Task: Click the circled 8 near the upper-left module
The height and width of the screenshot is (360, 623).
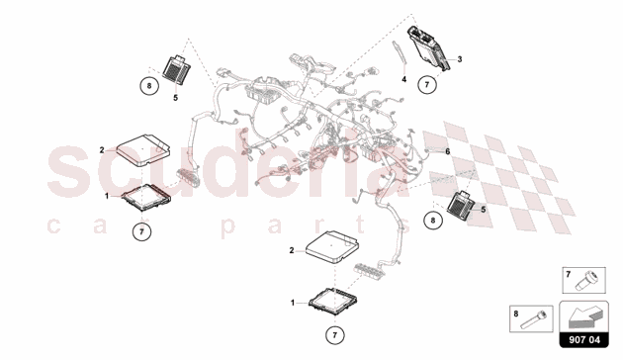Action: [x=147, y=85]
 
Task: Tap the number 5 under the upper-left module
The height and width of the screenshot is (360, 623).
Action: [x=175, y=97]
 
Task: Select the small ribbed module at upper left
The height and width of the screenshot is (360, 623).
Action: [x=177, y=69]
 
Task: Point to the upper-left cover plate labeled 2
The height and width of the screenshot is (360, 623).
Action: [x=139, y=151]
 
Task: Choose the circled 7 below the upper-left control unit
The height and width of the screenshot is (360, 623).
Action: [x=142, y=231]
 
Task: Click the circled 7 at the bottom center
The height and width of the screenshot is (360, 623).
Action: [x=336, y=331]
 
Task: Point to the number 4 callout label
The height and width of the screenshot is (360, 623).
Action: [x=403, y=77]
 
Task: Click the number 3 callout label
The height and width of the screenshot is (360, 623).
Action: [x=459, y=60]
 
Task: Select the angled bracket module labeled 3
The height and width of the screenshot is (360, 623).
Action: [x=435, y=45]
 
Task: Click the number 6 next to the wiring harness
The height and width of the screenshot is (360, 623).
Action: [x=447, y=150]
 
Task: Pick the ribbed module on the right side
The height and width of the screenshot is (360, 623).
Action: [x=463, y=204]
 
